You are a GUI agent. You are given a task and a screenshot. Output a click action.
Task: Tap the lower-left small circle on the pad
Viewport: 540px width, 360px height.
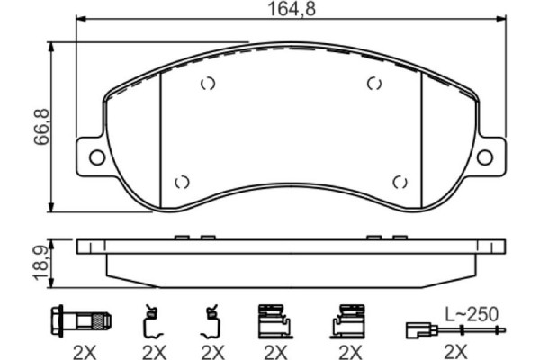pos(182,182)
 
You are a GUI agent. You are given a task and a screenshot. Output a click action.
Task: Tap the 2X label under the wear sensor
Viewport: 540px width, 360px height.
pos(455,349)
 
